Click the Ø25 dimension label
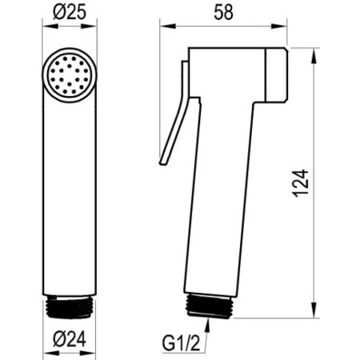(70, 12)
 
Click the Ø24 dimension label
(70, 339)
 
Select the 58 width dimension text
(223, 12)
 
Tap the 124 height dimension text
(301, 183)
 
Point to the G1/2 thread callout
(181, 343)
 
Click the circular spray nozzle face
(70, 75)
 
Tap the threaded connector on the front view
(70, 306)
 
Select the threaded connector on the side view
(209, 306)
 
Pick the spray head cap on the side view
(277, 75)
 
